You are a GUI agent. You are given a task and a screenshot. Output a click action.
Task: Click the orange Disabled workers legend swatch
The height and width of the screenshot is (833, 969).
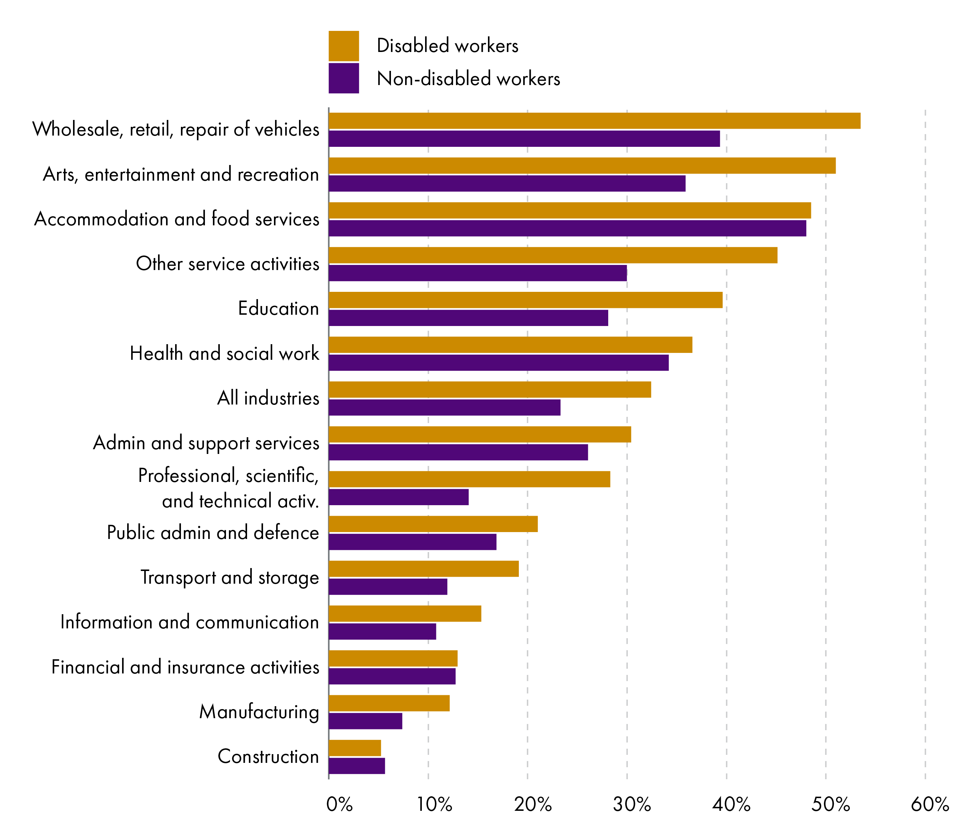coord(344,46)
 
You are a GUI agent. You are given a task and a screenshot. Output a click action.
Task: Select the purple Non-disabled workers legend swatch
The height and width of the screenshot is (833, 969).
coord(344,78)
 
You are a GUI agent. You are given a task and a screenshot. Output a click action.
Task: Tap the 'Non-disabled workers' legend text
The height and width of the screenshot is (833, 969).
coord(468,79)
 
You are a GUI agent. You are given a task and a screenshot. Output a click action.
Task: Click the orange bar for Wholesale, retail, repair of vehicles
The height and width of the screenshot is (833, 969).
coord(594,121)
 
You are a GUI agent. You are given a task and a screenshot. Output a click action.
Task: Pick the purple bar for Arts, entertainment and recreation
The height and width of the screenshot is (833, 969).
coord(507,183)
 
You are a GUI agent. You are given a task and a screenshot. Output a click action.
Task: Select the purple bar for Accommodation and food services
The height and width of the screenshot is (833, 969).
coord(567,228)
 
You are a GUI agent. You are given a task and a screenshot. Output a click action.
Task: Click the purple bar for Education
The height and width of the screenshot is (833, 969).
coord(468,318)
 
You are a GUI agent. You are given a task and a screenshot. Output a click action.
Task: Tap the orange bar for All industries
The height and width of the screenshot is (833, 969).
coord(490,390)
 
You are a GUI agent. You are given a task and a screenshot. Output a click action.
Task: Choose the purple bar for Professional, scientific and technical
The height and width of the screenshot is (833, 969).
coord(399,497)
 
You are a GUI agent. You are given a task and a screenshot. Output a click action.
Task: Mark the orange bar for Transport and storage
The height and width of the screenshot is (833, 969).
coord(424,569)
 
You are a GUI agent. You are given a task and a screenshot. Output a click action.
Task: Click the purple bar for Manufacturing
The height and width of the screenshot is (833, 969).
coord(365,721)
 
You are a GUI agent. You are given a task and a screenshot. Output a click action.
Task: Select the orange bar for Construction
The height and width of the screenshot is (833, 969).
coord(355,748)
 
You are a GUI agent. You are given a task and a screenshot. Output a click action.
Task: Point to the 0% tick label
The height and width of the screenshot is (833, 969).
coord(339,804)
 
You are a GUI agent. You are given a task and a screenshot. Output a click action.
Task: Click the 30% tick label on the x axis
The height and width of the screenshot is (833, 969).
coord(632,804)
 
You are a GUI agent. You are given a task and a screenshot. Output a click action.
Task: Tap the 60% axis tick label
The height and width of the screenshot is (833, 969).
coord(930,804)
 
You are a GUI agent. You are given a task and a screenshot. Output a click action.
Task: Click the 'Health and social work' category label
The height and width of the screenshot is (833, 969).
coord(225,354)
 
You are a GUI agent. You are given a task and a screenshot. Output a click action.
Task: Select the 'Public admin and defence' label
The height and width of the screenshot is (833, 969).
coord(213,533)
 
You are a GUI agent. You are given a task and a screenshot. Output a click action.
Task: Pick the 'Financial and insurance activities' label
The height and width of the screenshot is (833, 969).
coord(185,667)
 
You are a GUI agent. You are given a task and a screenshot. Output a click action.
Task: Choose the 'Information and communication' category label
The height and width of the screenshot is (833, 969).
coord(189,623)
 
